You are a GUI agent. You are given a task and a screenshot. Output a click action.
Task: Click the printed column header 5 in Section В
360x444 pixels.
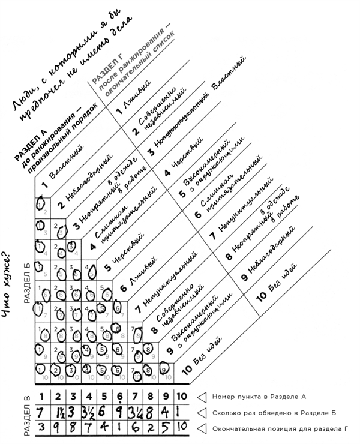pos(105,397)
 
